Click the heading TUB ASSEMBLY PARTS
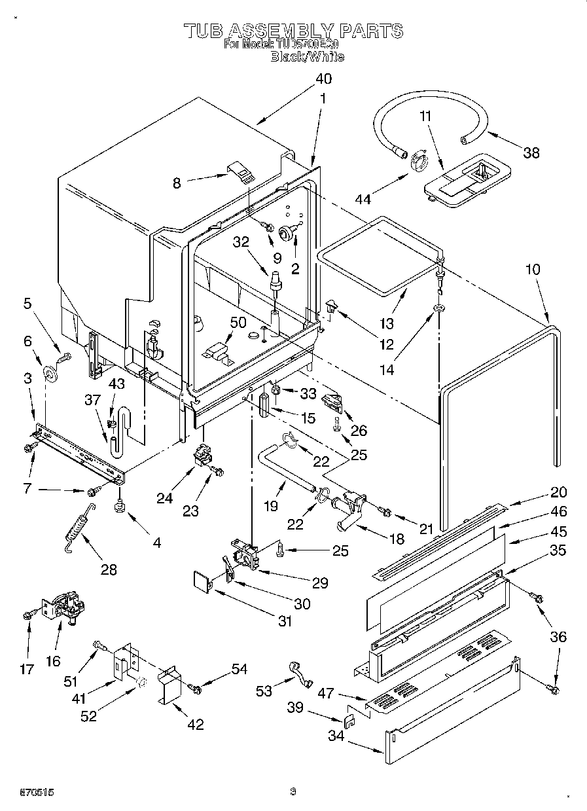(293, 30)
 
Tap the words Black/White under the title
(308, 57)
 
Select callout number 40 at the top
(323, 79)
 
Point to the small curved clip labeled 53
(299, 675)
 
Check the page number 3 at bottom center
(293, 792)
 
